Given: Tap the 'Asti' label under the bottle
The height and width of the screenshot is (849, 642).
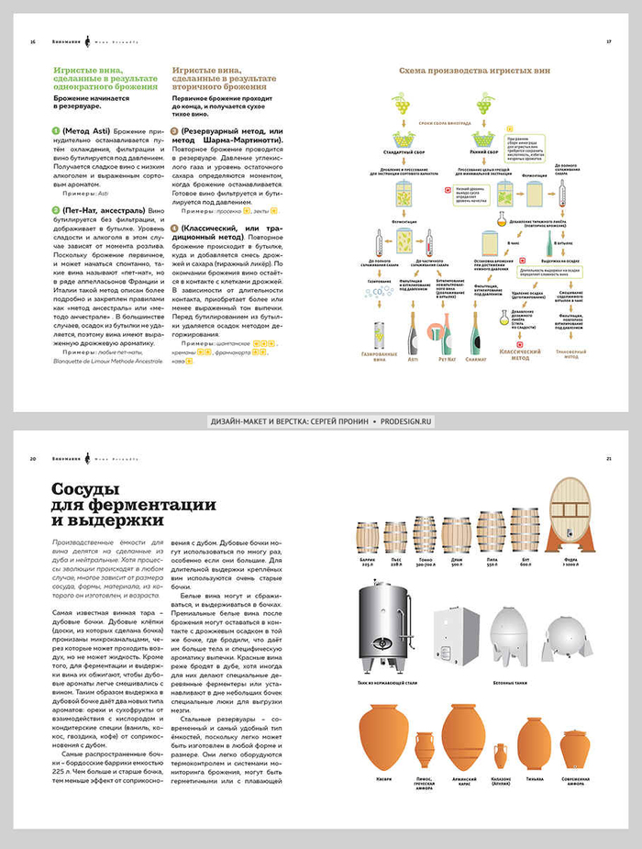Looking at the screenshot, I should click(x=414, y=360).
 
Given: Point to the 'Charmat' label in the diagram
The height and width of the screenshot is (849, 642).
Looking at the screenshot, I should click(x=475, y=360).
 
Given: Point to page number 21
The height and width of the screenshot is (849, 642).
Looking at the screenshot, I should click(x=609, y=458).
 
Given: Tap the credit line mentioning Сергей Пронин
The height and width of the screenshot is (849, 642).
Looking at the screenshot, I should click(x=321, y=420).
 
